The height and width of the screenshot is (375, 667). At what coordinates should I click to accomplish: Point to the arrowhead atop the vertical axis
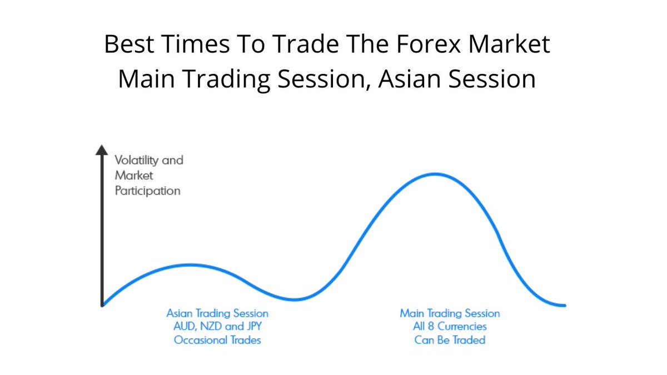click(x=101, y=149)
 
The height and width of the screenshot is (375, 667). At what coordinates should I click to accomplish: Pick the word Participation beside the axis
click(x=147, y=191)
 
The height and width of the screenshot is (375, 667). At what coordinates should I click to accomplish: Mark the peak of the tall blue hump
click(x=435, y=174)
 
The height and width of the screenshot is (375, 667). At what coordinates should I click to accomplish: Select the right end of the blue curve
click(x=564, y=305)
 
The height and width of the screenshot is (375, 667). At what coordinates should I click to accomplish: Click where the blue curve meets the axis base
click(x=103, y=304)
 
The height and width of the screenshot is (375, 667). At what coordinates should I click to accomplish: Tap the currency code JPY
click(x=251, y=327)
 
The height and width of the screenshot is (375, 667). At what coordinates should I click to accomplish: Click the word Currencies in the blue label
click(x=462, y=327)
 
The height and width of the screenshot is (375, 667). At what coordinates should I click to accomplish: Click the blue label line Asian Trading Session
click(x=217, y=313)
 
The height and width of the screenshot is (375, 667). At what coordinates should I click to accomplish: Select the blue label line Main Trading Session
click(x=450, y=313)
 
